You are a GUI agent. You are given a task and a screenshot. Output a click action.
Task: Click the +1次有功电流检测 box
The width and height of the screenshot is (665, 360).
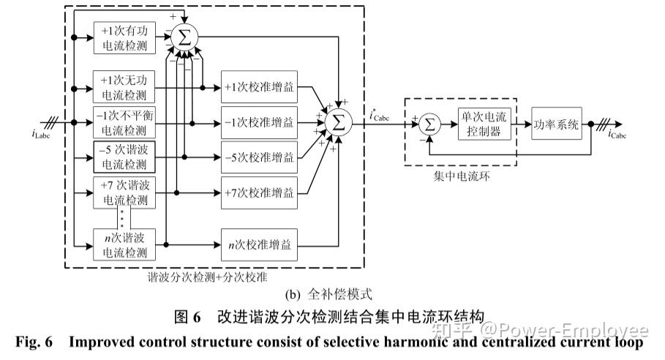click(x=124, y=38)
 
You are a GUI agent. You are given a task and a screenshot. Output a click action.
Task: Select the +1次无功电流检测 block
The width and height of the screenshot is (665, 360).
click(x=124, y=87)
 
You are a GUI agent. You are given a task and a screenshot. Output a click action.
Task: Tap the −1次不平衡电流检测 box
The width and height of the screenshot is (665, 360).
click(x=124, y=122)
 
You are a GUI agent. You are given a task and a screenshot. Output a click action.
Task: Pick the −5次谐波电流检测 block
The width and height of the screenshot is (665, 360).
click(x=124, y=157)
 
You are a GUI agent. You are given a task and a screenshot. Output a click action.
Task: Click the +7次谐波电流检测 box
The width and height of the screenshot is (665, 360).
click(x=124, y=192)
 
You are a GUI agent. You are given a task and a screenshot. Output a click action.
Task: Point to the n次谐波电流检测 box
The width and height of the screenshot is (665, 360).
click(x=124, y=244)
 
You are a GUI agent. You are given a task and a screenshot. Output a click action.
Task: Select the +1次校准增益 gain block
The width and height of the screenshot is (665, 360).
click(x=259, y=87)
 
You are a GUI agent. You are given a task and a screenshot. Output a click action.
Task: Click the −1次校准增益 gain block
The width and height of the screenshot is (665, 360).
click(x=259, y=122)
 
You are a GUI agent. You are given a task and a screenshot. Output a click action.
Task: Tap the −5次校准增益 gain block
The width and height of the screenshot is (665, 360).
click(x=259, y=157)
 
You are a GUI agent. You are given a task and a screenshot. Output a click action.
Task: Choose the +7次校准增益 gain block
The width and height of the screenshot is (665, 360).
click(x=259, y=192)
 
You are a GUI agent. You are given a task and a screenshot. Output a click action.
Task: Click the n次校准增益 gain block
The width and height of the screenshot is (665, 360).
click(x=259, y=244)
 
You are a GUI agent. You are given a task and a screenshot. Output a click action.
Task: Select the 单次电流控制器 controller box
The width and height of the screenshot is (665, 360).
click(x=484, y=124)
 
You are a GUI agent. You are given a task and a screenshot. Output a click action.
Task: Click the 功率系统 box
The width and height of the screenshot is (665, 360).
click(x=557, y=124)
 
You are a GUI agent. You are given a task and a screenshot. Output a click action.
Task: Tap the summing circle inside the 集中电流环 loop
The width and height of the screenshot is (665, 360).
click(x=429, y=124)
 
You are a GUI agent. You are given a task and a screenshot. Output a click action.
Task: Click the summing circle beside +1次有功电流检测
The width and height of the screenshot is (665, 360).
click(x=184, y=37)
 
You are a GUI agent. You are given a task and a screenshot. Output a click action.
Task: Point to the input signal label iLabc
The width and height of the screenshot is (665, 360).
click(x=41, y=134)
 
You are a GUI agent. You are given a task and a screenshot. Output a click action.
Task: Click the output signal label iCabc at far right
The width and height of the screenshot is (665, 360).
click(x=617, y=134)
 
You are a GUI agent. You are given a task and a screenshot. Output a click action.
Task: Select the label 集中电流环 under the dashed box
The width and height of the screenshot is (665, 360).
click(x=462, y=176)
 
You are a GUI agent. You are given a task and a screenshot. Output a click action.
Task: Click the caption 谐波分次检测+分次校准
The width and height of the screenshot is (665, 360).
click(x=207, y=277)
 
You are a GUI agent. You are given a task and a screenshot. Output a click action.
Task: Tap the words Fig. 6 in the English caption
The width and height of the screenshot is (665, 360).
click(x=34, y=342)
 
